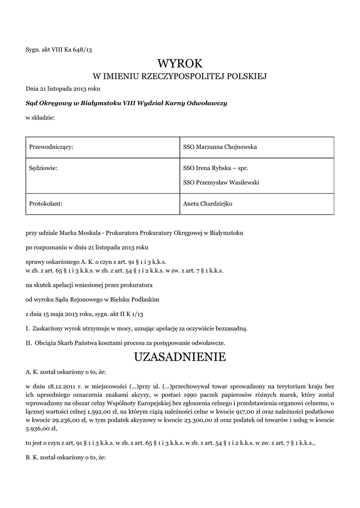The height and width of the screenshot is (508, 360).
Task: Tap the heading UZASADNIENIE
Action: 180,357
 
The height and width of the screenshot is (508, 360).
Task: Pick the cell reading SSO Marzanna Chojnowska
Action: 220,147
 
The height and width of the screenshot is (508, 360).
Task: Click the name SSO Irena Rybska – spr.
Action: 215,168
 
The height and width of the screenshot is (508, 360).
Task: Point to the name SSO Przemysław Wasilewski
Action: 221,182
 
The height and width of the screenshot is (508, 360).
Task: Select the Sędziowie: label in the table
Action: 44,168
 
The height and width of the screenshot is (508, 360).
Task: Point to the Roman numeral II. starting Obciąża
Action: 29,342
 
